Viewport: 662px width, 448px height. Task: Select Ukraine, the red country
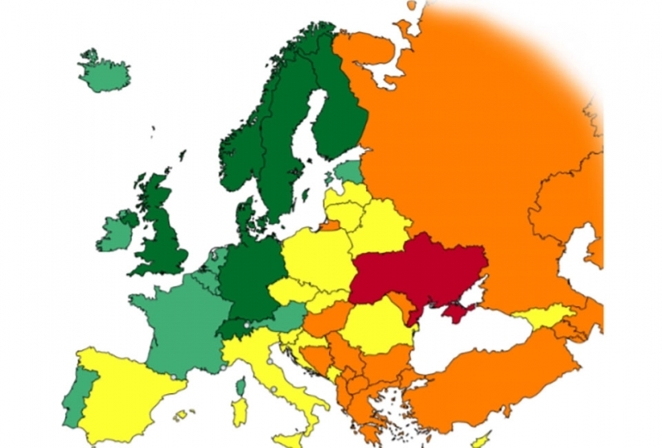(x=414, y=270)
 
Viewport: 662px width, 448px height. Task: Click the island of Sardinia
(x=239, y=411)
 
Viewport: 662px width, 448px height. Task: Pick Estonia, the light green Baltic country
(x=347, y=172)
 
